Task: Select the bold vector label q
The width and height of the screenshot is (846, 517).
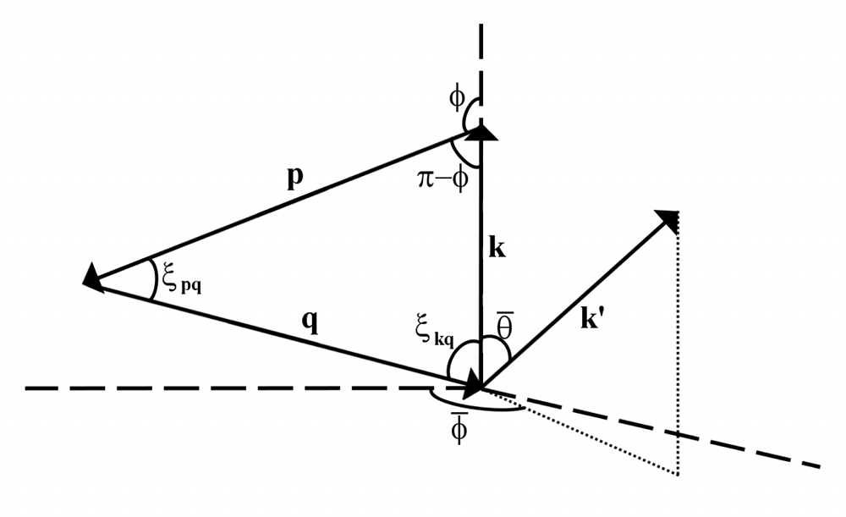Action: tap(310, 323)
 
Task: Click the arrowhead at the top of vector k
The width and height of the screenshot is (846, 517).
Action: tap(481, 130)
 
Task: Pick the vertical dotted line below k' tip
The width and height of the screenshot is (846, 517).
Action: tap(678, 355)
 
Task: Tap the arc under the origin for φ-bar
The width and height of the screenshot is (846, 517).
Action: tap(474, 407)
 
